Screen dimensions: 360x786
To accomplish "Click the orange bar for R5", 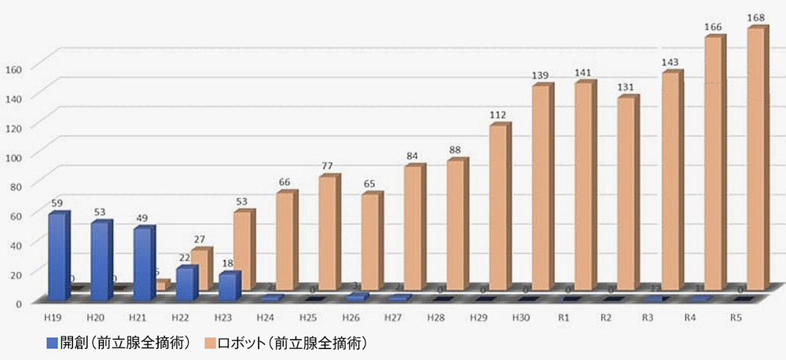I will (x=755, y=160).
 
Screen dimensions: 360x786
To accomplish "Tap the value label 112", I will (x=497, y=116).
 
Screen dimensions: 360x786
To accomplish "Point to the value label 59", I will (x=57, y=204).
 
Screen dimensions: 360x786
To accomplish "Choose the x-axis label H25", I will (x=307, y=317).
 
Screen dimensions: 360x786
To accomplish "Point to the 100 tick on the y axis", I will (x=17, y=156).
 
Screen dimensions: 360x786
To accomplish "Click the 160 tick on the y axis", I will (x=17, y=68).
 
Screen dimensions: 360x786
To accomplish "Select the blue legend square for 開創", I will (x=52, y=343).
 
